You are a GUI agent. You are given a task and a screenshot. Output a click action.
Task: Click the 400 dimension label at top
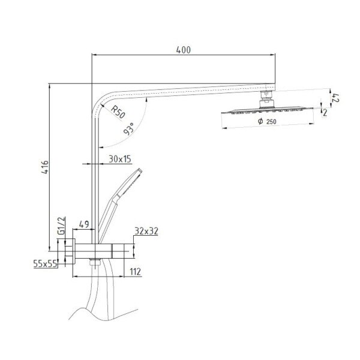tap(183, 50)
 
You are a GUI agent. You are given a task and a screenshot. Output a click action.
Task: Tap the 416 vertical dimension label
tap(45, 167)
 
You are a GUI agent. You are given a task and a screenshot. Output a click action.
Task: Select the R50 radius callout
tap(118, 112)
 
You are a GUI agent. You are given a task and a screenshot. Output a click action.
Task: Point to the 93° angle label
tap(128, 128)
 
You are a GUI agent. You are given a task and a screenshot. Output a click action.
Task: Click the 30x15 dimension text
tap(120, 159)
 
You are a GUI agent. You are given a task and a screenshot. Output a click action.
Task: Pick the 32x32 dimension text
tap(146, 231)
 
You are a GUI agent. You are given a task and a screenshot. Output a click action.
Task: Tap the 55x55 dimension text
tap(45, 264)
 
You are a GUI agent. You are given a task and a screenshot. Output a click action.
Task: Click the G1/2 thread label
tap(62, 226)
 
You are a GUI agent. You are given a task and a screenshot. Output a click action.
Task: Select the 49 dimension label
tap(84, 224)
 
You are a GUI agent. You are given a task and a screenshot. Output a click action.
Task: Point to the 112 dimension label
tap(135, 272)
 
